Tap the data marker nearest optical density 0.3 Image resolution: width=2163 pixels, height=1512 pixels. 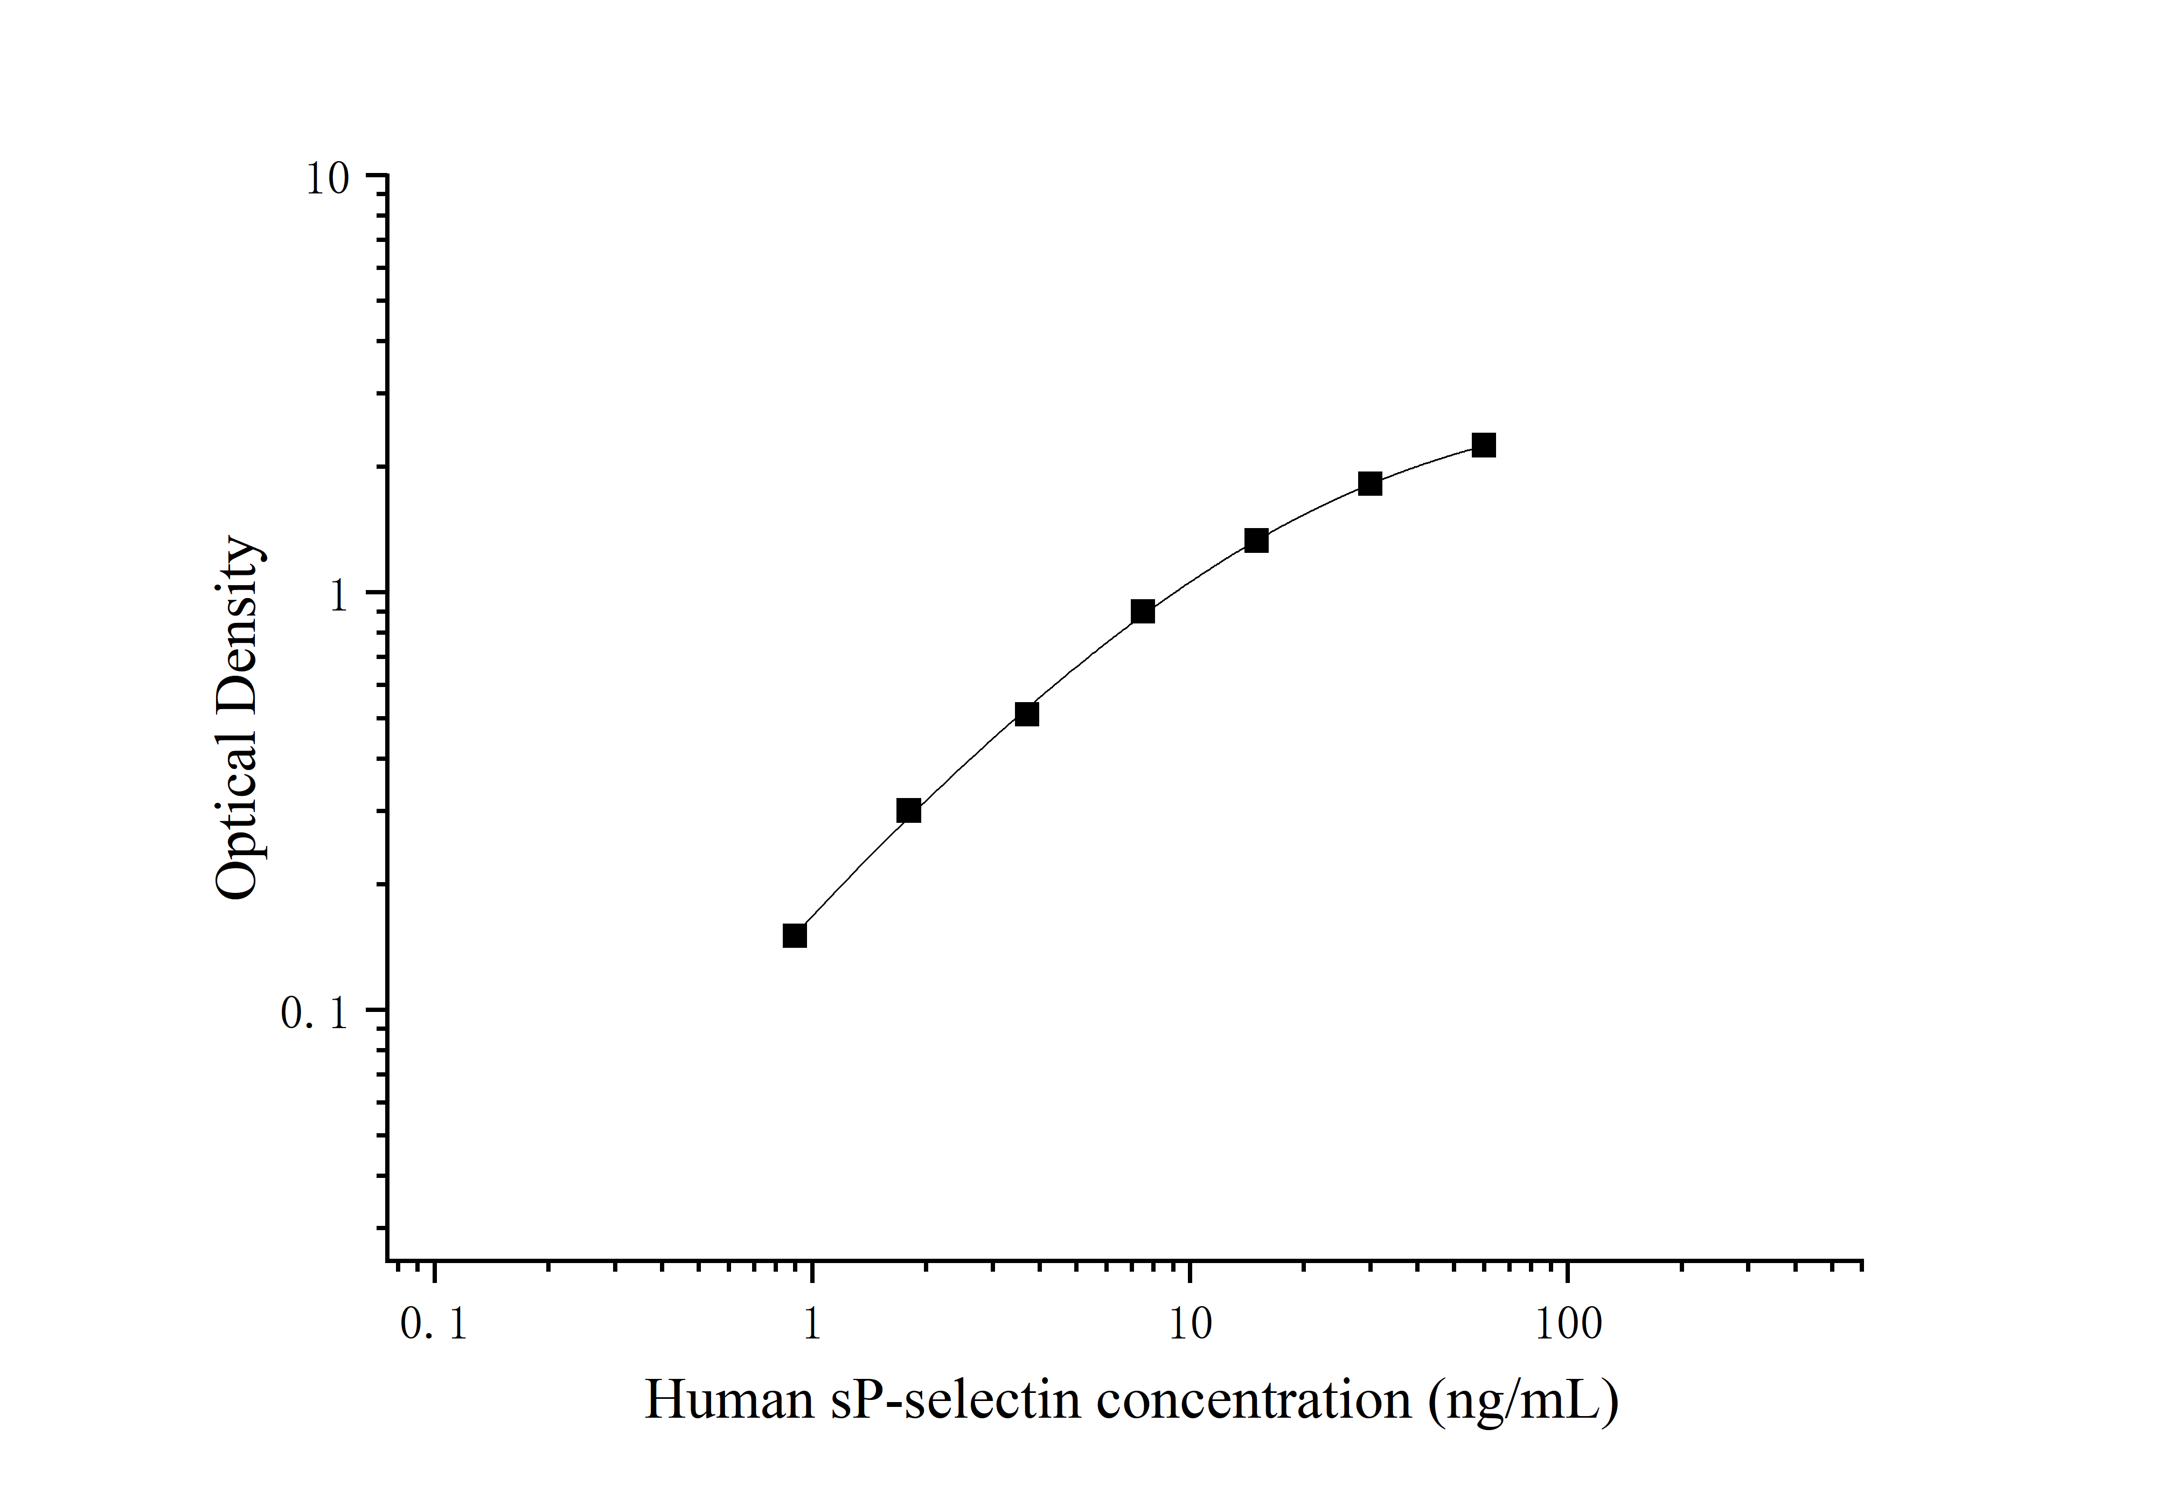(908, 810)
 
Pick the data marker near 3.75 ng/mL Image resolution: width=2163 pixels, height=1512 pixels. (1027, 714)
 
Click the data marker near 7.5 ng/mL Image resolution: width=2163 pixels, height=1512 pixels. (1143, 612)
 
